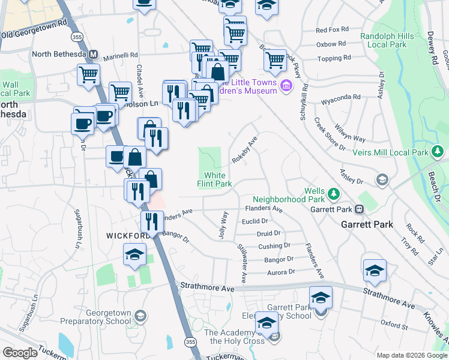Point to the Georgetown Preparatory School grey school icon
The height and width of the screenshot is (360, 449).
(x=140, y=316)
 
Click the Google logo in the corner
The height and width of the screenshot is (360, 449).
(x=20, y=353)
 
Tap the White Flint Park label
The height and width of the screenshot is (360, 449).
(x=214, y=180)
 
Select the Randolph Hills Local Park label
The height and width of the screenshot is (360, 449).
(x=387, y=40)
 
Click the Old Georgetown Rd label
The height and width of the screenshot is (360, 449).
(x=34, y=31)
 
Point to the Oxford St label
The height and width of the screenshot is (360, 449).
(x=394, y=327)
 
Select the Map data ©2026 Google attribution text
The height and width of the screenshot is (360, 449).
(x=412, y=355)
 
